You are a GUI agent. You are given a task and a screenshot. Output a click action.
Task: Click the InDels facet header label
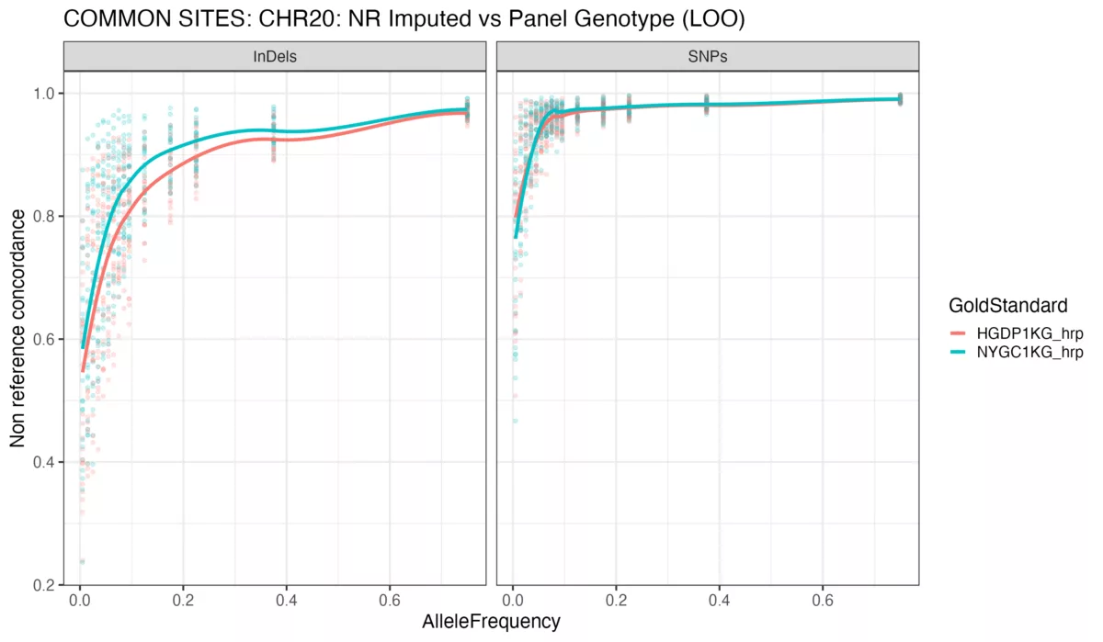(x=274, y=57)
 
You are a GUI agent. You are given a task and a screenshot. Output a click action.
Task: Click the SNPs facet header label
(x=708, y=57)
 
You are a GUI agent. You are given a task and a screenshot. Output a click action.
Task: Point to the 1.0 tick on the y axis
(x=43, y=94)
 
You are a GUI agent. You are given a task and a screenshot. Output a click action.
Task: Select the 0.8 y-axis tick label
(x=43, y=217)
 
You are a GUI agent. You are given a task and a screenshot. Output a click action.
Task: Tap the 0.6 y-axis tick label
(x=43, y=340)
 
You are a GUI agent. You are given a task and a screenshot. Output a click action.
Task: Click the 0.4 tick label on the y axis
(x=43, y=462)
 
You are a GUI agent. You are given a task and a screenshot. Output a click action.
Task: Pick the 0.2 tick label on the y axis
(x=43, y=585)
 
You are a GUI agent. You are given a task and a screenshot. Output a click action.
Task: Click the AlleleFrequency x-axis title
(x=491, y=622)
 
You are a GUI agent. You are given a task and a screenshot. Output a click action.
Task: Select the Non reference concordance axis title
(x=17, y=339)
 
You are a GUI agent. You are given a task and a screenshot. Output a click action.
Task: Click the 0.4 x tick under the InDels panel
(x=287, y=599)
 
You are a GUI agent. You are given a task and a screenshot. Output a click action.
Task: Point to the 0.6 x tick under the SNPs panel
(x=823, y=599)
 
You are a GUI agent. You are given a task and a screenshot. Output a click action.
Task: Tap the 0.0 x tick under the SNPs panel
(x=513, y=599)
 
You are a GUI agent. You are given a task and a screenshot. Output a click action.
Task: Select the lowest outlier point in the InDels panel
(x=82, y=561)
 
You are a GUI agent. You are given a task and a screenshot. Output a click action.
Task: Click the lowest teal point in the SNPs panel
(x=515, y=421)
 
